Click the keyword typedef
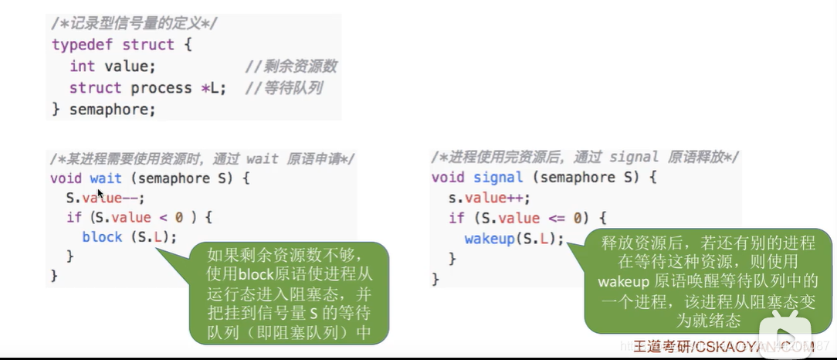pos(83,45)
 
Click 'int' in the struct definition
pos(82,66)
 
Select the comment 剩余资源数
pos(291,66)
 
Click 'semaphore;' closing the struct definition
pos(113,110)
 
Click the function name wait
pos(106,178)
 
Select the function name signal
pos(499,178)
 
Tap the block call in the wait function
pos(130,237)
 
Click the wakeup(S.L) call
pos(514,238)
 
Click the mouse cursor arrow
pos(100,194)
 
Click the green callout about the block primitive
pos(289,293)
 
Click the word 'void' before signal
pos(448,178)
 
